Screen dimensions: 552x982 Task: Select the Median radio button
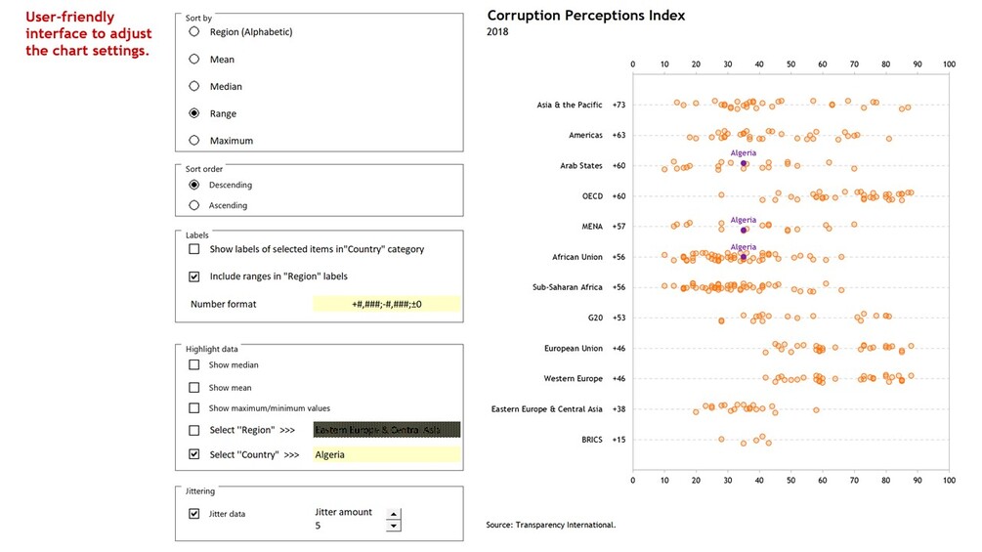click(194, 86)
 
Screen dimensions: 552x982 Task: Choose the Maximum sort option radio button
click(194, 141)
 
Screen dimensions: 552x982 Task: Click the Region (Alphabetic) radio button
click(194, 31)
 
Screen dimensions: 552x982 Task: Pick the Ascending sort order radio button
click(194, 205)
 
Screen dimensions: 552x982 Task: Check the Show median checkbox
click(194, 364)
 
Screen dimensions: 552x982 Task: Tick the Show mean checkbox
click(194, 387)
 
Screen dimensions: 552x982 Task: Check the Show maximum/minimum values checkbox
click(194, 408)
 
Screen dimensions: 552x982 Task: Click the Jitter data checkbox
click(194, 513)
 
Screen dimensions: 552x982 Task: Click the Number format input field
click(386, 304)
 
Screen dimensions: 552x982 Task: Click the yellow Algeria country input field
click(386, 454)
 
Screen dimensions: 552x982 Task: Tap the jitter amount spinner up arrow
click(394, 514)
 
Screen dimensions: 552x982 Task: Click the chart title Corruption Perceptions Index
click(585, 16)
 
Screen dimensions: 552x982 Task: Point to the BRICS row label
click(586, 440)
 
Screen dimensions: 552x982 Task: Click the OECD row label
click(592, 196)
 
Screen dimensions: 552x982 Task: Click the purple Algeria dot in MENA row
click(744, 230)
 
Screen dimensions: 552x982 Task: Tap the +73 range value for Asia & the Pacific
click(619, 105)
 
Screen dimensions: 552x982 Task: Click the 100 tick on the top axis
click(948, 64)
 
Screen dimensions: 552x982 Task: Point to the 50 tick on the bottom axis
click(790, 480)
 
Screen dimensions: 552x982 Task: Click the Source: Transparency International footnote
click(550, 525)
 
